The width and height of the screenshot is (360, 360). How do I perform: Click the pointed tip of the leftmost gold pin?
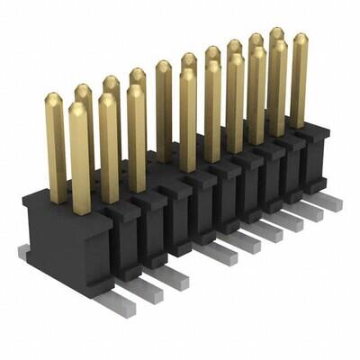54,95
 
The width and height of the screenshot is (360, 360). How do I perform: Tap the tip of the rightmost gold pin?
300,37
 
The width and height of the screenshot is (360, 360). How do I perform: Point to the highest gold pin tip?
276,31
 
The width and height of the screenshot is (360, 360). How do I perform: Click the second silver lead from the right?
309,211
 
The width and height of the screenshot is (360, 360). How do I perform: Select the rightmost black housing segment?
316,157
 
